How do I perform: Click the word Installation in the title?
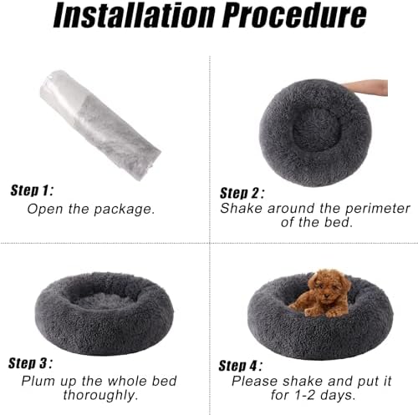[135, 15]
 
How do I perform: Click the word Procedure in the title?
[294, 15]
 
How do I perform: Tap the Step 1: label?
[32, 190]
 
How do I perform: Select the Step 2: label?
[242, 193]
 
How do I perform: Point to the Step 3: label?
[30, 363]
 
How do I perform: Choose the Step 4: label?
[240, 366]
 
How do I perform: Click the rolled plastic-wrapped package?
[100, 125]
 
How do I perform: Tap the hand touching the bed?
[364, 88]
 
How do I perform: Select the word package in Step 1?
[124, 210]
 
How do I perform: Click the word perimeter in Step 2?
[378, 209]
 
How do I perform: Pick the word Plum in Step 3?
[38, 381]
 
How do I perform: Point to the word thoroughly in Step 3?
[100, 395]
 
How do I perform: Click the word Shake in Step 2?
[242, 208]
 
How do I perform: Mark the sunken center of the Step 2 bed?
[317, 129]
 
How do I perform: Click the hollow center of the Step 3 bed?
[104, 300]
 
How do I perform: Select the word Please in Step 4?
[254, 381]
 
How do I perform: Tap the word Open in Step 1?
[45, 209]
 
